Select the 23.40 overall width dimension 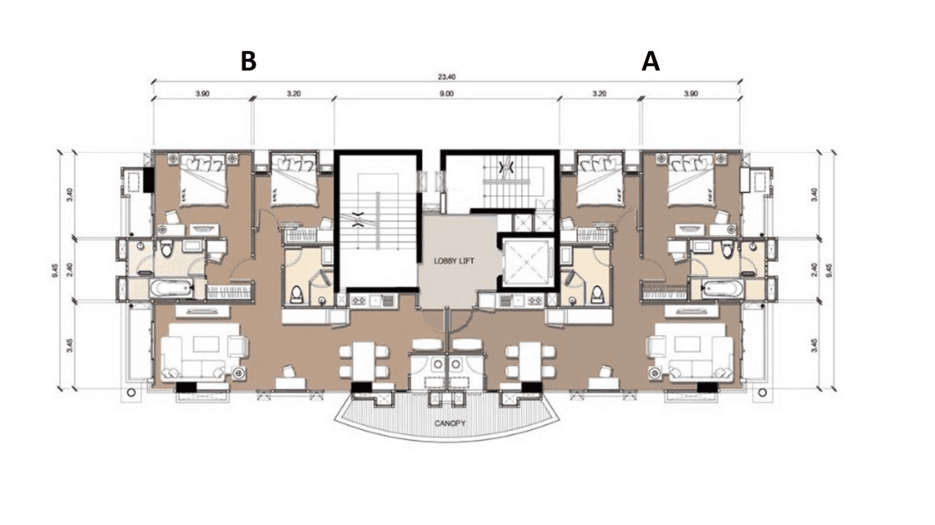coord(447,77)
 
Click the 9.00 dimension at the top coord(447,93)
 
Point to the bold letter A coord(650,61)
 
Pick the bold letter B coord(248,61)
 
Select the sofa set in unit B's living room coord(202,355)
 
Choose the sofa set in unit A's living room coord(690,355)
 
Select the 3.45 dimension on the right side coord(815,345)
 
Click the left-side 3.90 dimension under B coord(202,93)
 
